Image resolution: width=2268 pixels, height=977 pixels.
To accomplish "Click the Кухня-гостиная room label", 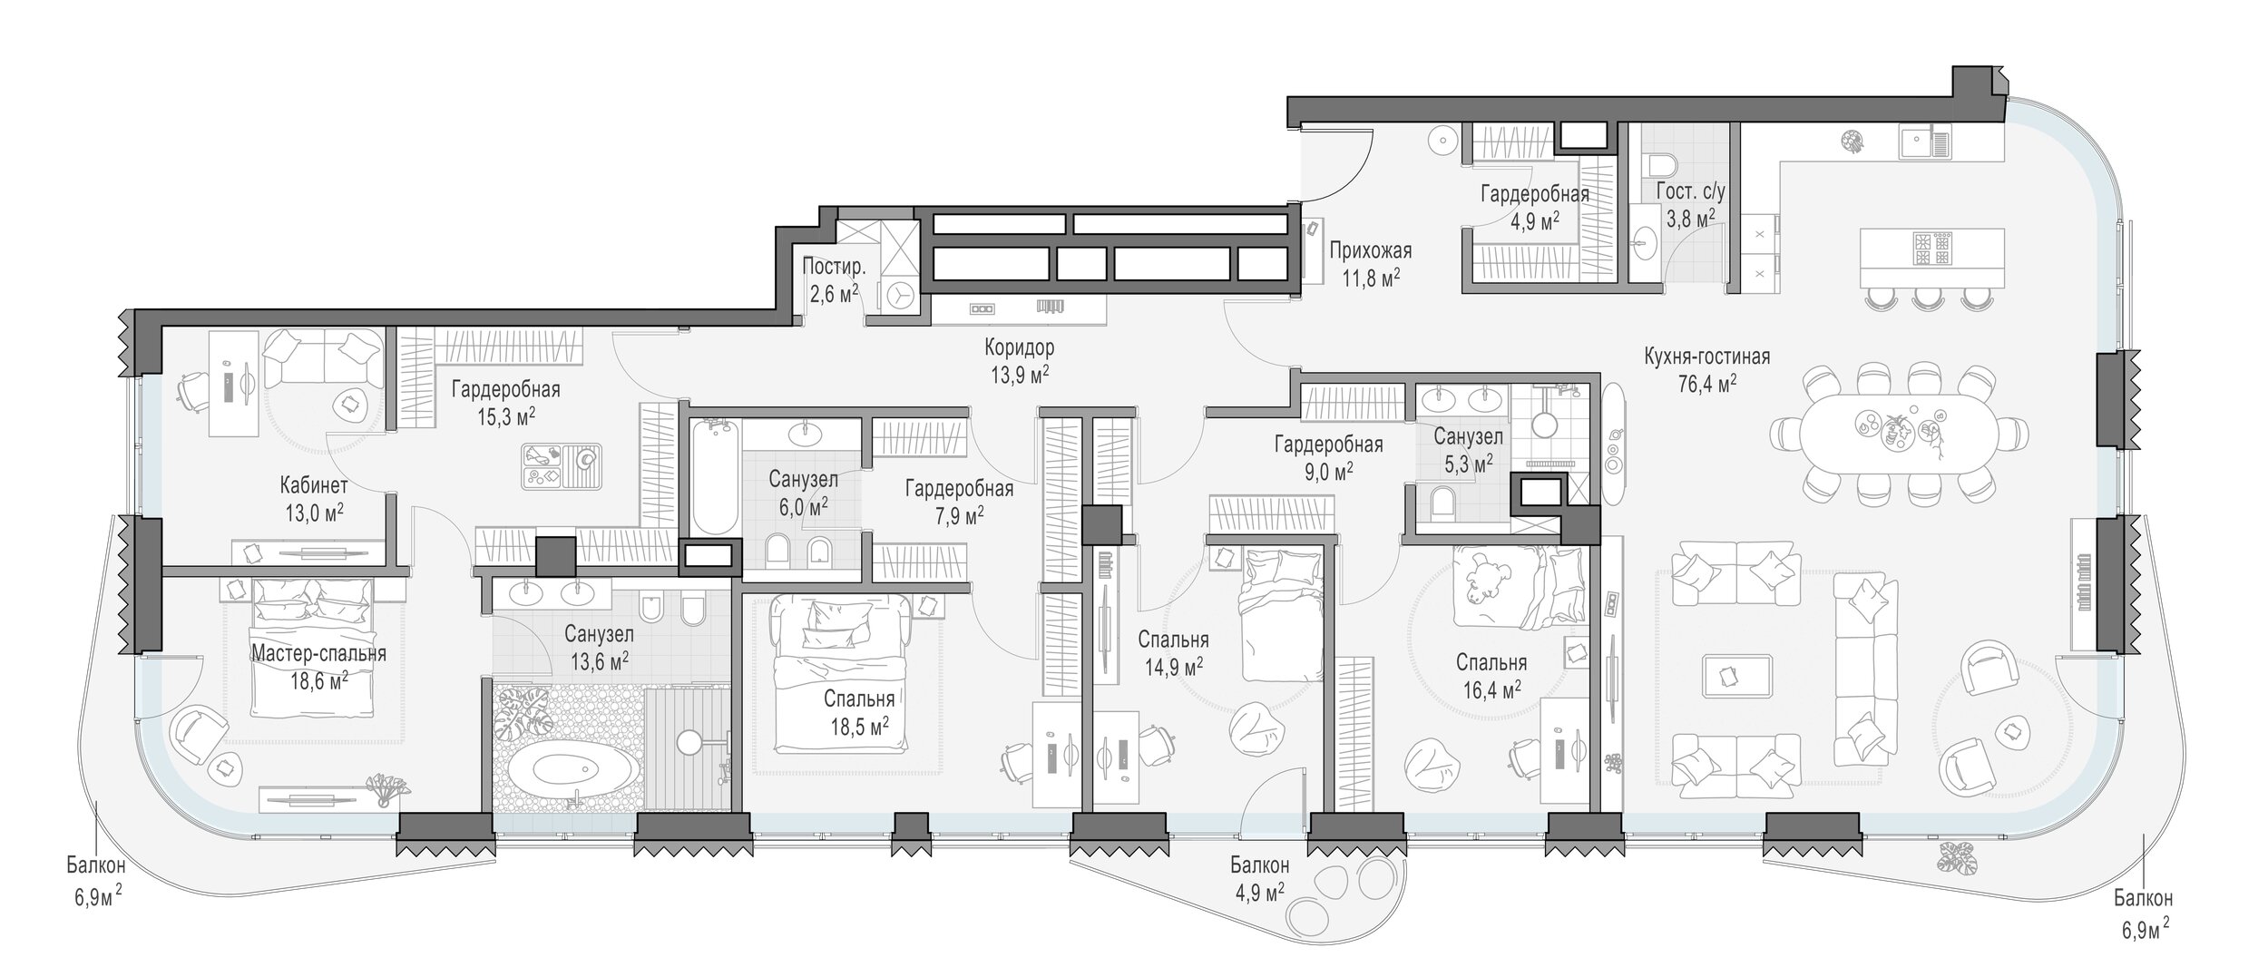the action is (x=1706, y=357).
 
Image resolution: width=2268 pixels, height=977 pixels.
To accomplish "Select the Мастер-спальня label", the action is (x=318, y=653).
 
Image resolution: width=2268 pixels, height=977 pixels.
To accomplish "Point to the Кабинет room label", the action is (x=314, y=484).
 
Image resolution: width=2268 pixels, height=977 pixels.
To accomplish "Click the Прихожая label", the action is (x=1370, y=250).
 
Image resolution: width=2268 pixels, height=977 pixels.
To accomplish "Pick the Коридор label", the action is (x=1020, y=347).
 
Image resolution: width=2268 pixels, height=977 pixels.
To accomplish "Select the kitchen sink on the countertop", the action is (x=1924, y=143).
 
